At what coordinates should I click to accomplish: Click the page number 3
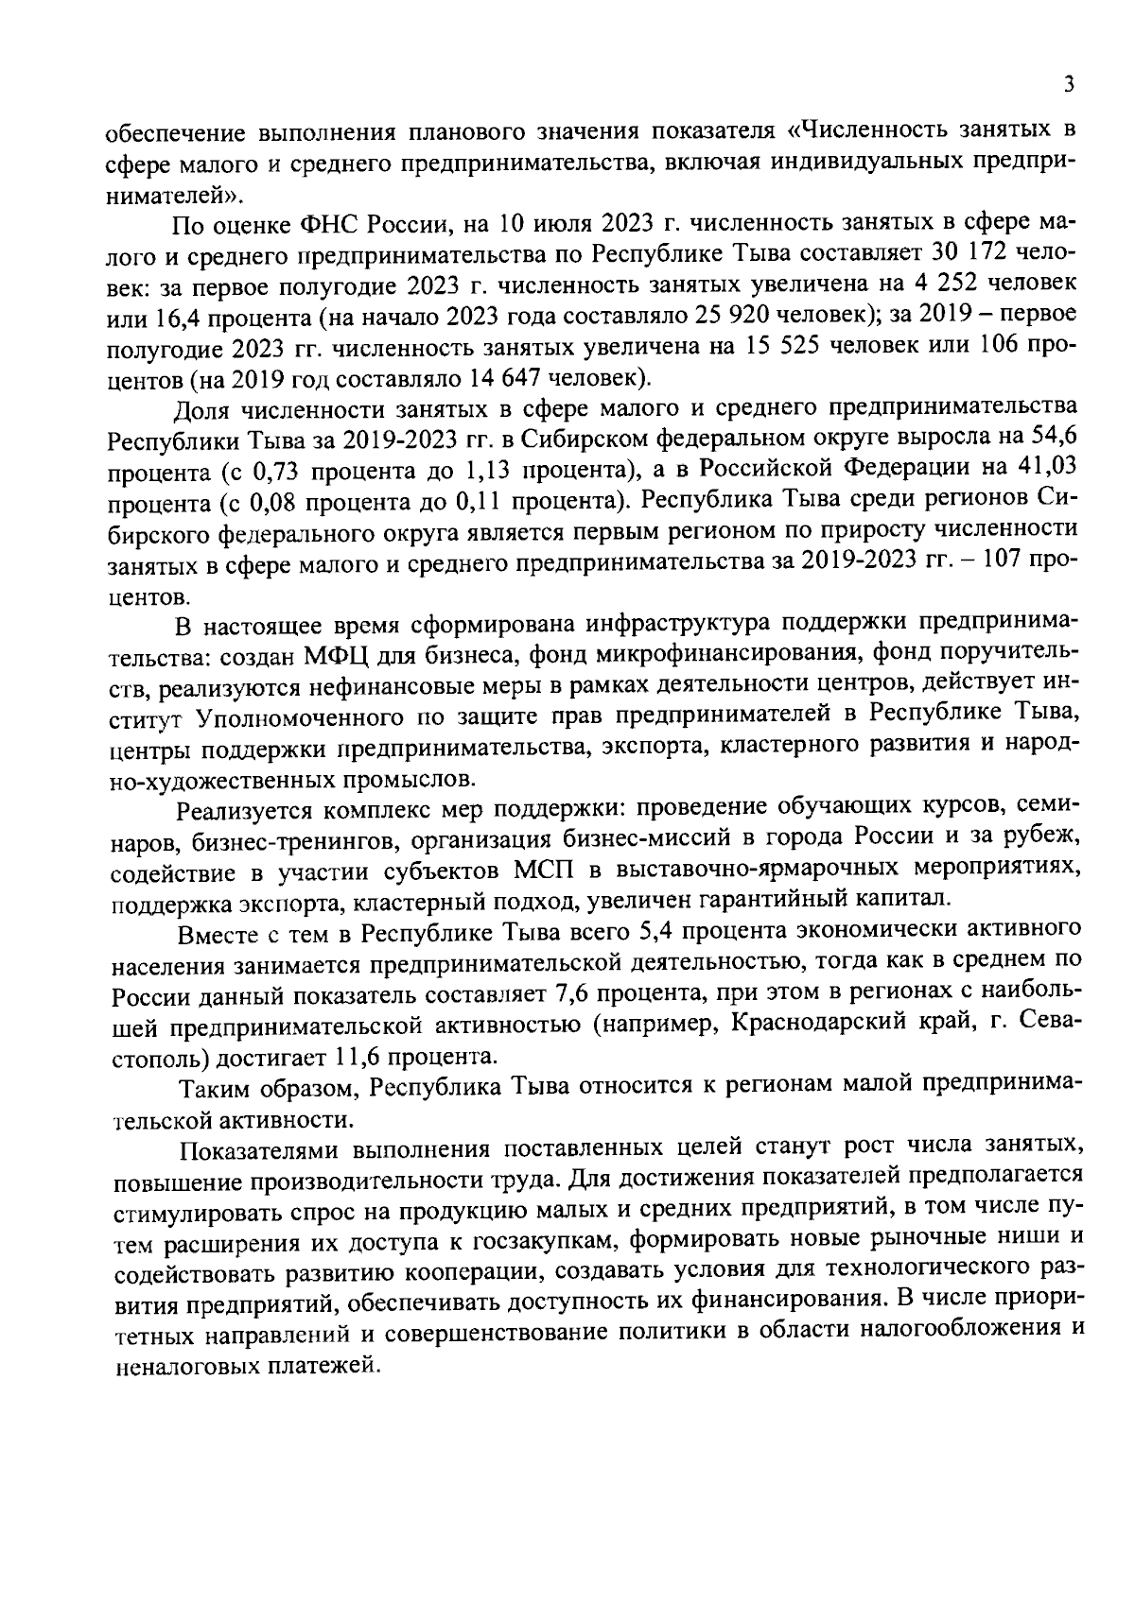pos(1068,84)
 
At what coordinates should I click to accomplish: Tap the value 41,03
pos(1045,469)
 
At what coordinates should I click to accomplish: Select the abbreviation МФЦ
pos(357,654)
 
